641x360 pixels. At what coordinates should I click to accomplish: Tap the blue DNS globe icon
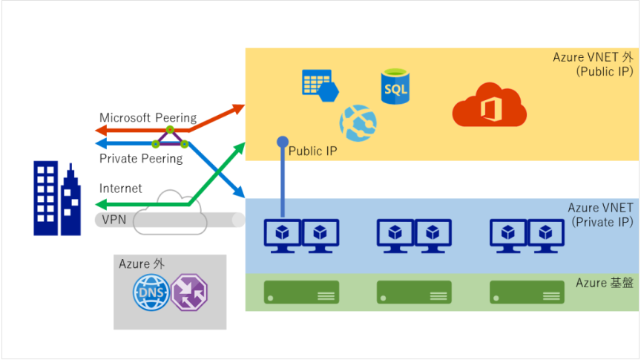coord(149,293)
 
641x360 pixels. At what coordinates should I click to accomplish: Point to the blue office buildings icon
coord(57,199)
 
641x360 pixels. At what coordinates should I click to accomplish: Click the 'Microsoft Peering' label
coord(148,118)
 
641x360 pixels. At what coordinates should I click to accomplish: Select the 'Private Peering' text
coord(141,159)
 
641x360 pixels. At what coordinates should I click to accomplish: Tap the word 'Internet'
coord(121,189)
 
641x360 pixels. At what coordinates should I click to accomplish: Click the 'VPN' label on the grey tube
coord(114,220)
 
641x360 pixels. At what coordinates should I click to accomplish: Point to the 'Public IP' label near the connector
coord(312,151)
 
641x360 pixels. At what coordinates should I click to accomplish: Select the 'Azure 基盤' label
coord(604,284)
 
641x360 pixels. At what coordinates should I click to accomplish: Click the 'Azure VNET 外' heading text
coord(593,57)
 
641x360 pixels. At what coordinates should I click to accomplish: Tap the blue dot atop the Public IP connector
coord(282,141)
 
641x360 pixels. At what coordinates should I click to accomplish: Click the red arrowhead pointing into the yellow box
coord(238,108)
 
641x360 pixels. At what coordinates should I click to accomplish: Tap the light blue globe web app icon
coord(358,121)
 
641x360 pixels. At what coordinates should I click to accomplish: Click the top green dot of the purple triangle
coord(170,130)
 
